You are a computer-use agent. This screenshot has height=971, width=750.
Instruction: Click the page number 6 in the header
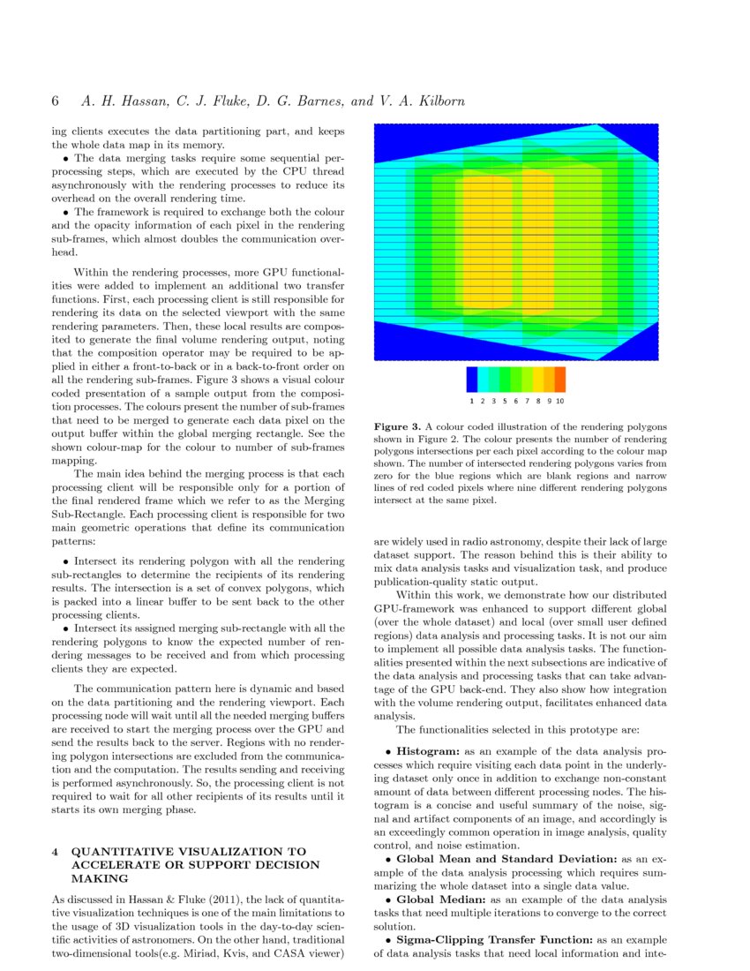coord(56,101)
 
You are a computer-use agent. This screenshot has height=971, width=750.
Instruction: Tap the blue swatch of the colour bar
coord(472,380)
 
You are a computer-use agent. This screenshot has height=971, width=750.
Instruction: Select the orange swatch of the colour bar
coord(559,380)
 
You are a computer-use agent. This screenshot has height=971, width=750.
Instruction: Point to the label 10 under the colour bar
coord(559,401)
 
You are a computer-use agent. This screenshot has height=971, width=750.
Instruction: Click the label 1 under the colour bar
coord(472,401)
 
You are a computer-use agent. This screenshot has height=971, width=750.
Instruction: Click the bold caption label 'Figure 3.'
coord(397,426)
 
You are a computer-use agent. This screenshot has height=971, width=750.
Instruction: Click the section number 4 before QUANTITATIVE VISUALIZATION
coord(55,851)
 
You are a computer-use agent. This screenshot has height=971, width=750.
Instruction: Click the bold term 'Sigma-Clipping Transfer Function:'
coord(495,940)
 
